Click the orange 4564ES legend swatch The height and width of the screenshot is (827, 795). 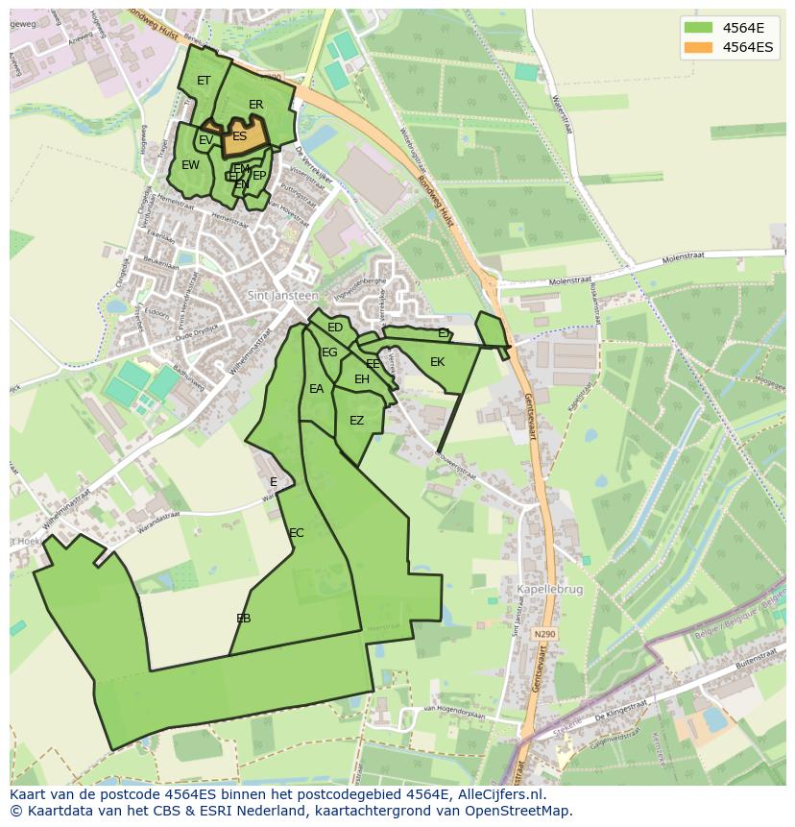coord(699,47)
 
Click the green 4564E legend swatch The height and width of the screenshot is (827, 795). coord(699,28)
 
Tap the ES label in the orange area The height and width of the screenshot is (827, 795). coord(239,136)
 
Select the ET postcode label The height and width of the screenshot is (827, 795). coord(204,81)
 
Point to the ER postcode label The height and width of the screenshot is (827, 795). coord(256,105)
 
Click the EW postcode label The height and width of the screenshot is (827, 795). coord(191,165)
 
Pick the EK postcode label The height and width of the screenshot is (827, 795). coord(438,362)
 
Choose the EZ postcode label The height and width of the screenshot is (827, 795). coord(357,421)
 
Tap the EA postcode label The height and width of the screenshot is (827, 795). coord(317,389)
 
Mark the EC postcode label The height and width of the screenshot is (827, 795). coord(297,533)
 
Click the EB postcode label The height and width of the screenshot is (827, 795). coord(244,619)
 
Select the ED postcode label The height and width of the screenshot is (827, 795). coord(335,328)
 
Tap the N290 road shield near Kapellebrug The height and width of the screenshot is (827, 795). coord(545,634)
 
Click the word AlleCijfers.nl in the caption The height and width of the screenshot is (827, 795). coord(498,794)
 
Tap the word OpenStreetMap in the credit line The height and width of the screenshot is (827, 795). coord(523,811)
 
